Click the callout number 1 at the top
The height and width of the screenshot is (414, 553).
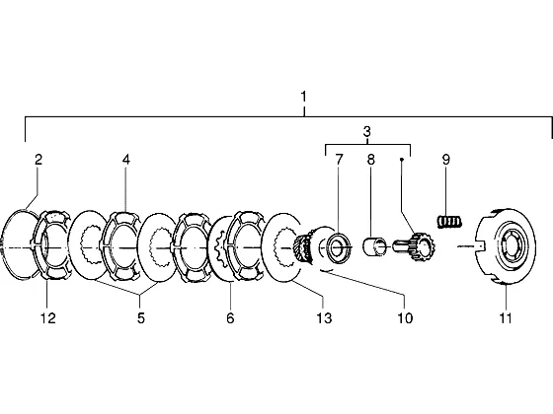point(303,97)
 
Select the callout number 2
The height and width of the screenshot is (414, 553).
point(39,160)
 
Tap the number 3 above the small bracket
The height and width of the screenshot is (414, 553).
point(366,132)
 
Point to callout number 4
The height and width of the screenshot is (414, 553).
point(126,160)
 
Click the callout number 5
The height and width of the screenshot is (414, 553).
point(140,318)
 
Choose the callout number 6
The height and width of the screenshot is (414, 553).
point(230,318)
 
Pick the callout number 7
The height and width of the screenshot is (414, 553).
point(339,160)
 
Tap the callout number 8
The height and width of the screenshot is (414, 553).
point(370,160)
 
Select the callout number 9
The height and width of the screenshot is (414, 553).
point(445,160)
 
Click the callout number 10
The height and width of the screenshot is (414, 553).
point(405,318)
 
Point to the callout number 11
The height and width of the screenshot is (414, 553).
point(505,318)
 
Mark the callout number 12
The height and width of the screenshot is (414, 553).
point(48,318)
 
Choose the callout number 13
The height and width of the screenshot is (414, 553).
point(324,318)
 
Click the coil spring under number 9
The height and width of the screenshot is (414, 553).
point(449,222)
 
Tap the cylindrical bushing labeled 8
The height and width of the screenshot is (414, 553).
point(375,246)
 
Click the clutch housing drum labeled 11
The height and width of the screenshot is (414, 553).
point(505,246)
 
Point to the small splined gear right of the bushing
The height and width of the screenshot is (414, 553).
point(415,246)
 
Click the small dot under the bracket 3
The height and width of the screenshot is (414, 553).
point(401,160)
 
